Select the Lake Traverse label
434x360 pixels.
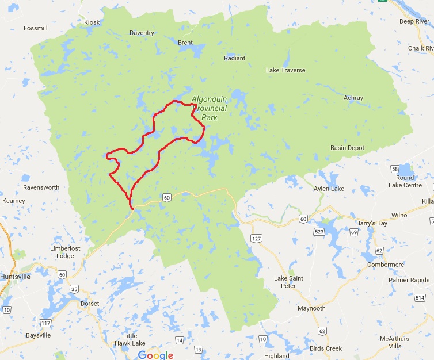(x=285, y=70)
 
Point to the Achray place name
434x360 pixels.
(x=353, y=98)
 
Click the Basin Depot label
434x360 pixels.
(x=347, y=148)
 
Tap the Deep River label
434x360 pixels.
(x=415, y=21)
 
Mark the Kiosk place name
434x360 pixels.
(x=92, y=22)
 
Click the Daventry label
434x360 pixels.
(x=141, y=33)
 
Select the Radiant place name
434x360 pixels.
(x=235, y=58)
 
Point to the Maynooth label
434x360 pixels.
(x=311, y=308)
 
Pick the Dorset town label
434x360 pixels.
(x=90, y=304)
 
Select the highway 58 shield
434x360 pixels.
(x=394, y=169)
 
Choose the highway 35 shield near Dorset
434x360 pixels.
(x=74, y=289)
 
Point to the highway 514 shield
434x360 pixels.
(x=427, y=297)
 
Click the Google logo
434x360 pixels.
(x=155, y=355)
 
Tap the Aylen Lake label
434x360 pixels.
(x=329, y=189)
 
